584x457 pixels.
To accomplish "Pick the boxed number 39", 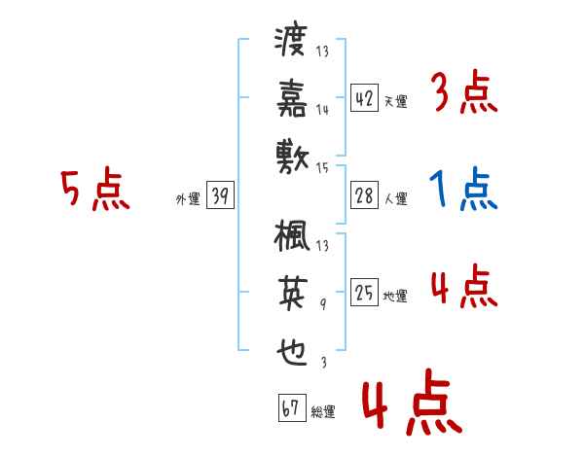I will (220, 195).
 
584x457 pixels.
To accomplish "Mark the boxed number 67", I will (290, 408).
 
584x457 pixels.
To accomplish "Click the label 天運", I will (395, 101).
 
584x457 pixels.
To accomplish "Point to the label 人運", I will (395, 199).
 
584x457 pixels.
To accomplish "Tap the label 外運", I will (188, 199).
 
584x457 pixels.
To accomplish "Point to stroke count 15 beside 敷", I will (322, 168).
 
